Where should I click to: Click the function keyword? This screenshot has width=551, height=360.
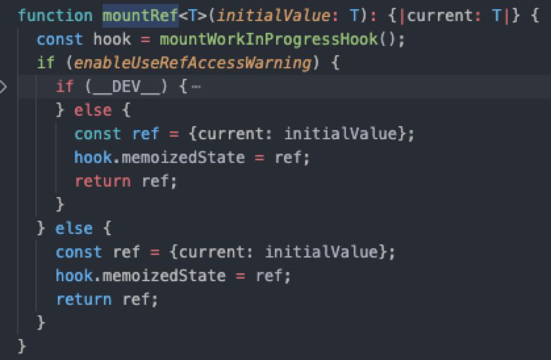(55, 15)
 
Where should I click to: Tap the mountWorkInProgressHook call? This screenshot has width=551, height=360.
(269, 39)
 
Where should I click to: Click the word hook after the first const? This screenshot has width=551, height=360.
(112, 39)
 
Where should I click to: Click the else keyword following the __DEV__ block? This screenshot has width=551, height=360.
(93, 110)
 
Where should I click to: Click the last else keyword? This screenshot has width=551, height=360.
(74, 228)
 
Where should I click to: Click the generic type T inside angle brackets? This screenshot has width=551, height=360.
(193, 15)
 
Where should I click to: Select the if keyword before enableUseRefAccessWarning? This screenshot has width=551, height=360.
(45, 63)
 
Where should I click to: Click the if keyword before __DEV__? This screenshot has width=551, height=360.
(64, 87)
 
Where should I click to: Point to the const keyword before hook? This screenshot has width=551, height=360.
(60, 39)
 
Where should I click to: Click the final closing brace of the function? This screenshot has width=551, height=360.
(22, 346)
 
